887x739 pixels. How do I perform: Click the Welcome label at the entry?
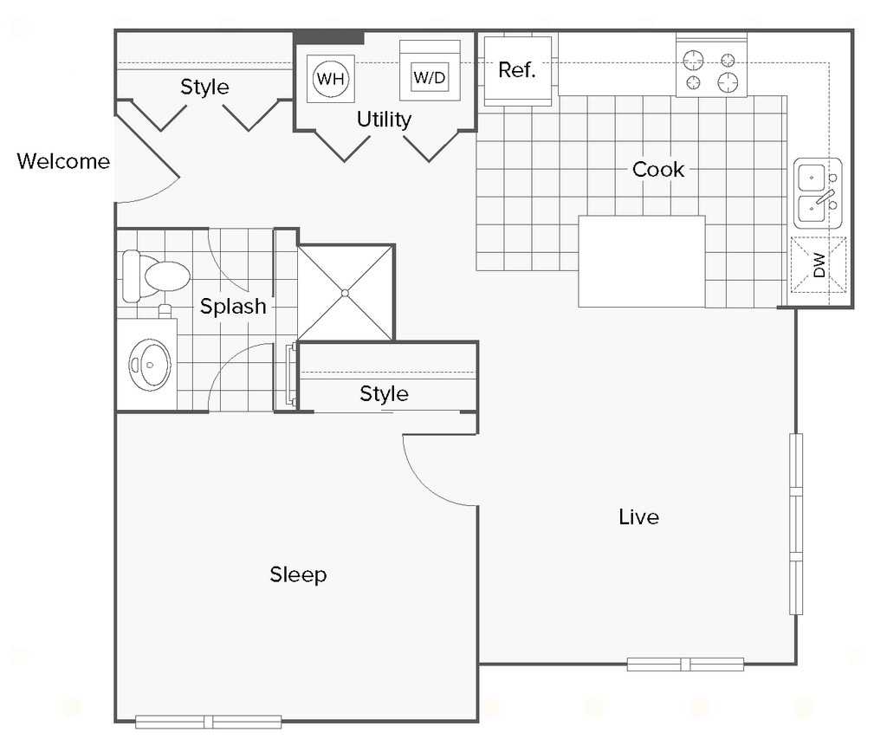[x=63, y=161]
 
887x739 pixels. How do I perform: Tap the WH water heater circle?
[x=331, y=78]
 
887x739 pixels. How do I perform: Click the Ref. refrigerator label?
[x=516, y=70]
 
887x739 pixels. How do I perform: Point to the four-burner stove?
[x=712, y=66]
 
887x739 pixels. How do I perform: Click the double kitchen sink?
[x=818, y=193]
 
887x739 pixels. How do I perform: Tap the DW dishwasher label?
[x=819, y=264]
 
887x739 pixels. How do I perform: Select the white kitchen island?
[x=642, y=262]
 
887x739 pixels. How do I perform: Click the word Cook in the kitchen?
[x=658, y=169]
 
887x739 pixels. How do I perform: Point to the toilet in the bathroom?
[x=156, y=276]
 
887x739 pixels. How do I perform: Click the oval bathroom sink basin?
[x=150, y=365]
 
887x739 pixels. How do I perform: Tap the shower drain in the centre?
[x=345, y=293]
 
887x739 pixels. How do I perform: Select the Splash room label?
[x=233, y=306]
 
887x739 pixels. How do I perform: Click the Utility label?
[x=384, y=120]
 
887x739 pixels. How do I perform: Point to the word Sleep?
[x=298, y=575]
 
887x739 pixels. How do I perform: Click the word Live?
[x=638, y=517]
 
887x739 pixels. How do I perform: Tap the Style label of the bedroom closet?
[x=384, y=394]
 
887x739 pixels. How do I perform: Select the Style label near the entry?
[x=204, y=88]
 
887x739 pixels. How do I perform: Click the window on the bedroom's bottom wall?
[x=208, y=722]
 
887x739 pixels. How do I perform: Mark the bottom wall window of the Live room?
[x=685, y=664]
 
